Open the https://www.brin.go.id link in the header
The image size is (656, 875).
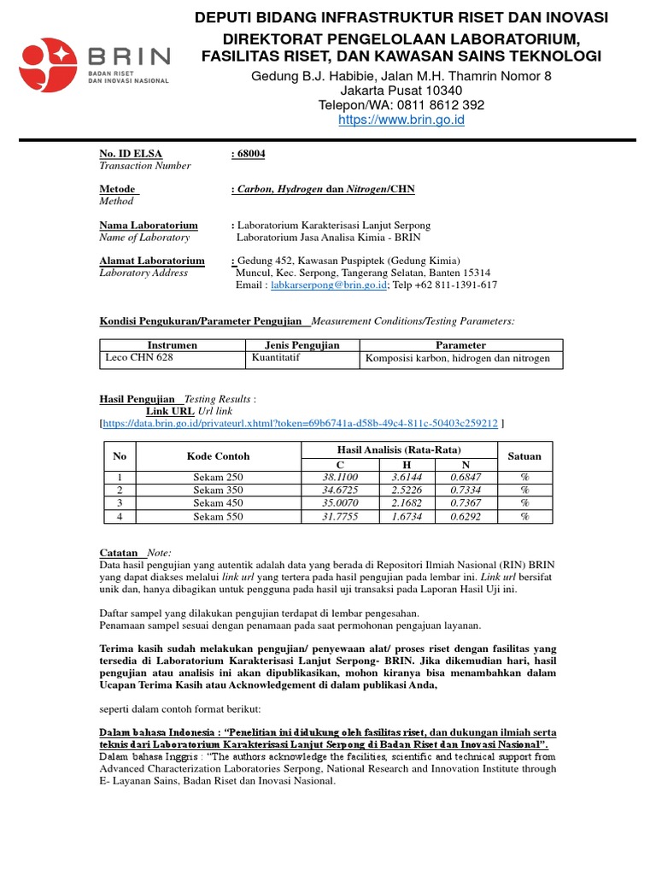(401, 120)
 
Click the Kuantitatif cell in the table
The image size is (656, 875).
(273, 358)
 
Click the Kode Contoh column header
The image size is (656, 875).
(218, 456)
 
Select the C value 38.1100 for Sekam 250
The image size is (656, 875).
(340, 477)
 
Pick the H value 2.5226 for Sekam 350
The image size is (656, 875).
(407, 490)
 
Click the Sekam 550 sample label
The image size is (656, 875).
(218, 517)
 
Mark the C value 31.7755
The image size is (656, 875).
(340, 517)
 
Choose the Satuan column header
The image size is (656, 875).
(524, 456)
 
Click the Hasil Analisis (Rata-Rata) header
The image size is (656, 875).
(399, 449)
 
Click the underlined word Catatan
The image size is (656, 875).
(119, 553)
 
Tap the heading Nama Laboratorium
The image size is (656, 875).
(149, 225)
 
